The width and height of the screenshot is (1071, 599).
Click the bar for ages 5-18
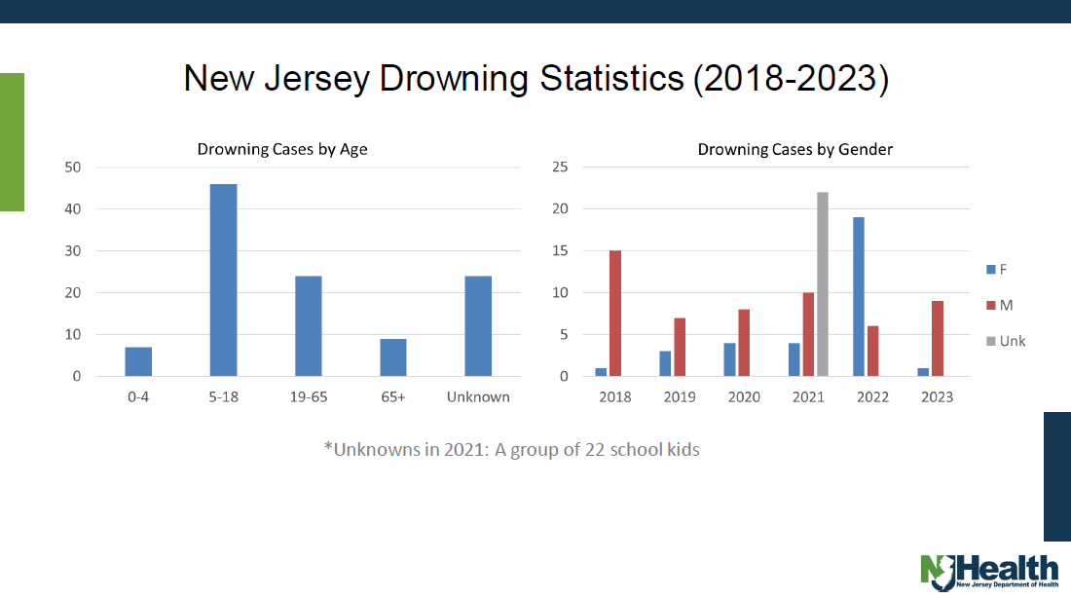point(223,281)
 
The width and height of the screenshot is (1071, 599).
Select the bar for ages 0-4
point(138,361)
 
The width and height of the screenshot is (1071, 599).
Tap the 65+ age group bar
point(393,357)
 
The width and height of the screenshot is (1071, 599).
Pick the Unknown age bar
point(478,326)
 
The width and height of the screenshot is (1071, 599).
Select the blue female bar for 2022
point(859,297)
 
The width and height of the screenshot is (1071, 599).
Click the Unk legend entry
point(1004,341)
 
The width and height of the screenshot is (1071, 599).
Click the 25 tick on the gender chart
point(559,168)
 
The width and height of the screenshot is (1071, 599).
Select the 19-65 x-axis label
point(308,397)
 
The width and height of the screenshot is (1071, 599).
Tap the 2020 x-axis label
point(745,397)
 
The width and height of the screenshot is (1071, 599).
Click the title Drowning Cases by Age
point(282,149)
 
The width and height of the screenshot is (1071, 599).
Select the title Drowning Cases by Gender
point(795,149)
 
